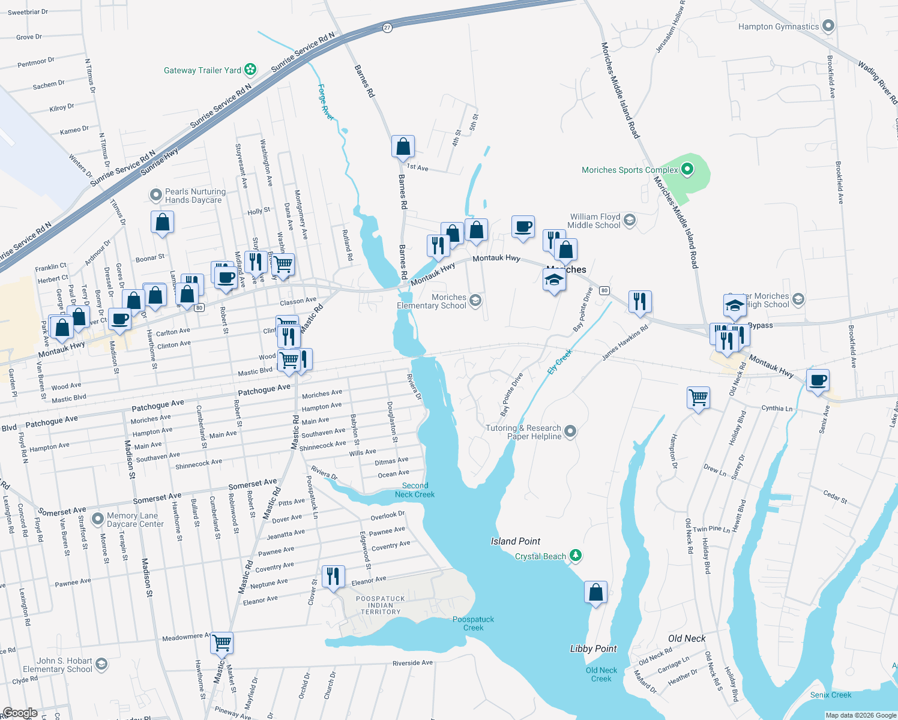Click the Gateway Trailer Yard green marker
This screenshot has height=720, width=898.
click(x=250, y=70)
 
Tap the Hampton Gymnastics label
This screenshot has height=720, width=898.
click(x=778, y=26)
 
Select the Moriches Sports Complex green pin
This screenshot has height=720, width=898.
click(x=687, y=170)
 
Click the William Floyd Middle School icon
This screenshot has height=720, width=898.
click(x=629, y=220)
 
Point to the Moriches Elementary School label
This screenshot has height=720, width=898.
click(x=431, y=301)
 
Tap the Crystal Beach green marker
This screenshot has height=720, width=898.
click(x=576, y=556)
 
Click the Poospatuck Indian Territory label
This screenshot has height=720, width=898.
click(x=381, y=605)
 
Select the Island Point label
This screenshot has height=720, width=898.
click(x=516, y=541)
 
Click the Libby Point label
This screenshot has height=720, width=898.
click(x=593, y=649)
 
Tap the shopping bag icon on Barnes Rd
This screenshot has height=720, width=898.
click(x=403, y=146)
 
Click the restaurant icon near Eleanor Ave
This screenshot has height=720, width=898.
click(x=333, y=576)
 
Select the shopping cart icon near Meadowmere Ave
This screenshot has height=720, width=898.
click(x=222, y=643)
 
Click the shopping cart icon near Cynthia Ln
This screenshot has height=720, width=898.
click(x=698, y=397)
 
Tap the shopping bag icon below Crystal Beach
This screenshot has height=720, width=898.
click(x=595, y=592)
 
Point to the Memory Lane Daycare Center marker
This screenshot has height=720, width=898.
click(x=97, y=519)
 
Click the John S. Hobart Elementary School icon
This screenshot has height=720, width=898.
click(x=101, y=664)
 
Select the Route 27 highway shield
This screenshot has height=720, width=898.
click(x=387, y=28)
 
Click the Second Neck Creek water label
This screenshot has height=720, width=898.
click(x=415, y=490)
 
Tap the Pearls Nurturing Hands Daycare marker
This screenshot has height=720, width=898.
click(x=156, y=195)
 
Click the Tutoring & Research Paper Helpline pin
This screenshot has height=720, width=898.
click(x=570, y=431)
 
